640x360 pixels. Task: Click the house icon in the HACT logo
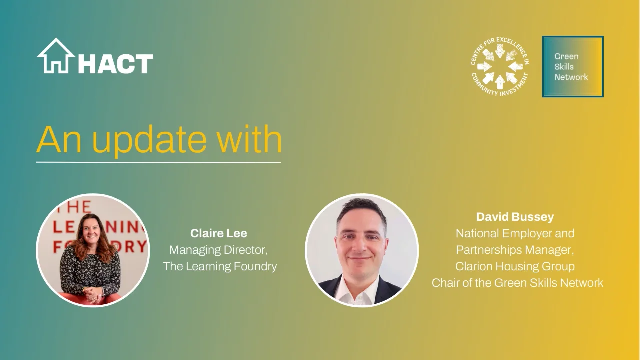click(56, 56)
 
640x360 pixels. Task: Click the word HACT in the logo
click(115, 64)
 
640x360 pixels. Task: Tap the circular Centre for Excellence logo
click(500, 66)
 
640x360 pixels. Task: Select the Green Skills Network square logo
click(573, 66)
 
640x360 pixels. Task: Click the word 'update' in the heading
click(148, 140)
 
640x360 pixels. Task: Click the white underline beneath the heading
click(158, 163)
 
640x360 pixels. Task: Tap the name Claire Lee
click(219, 233)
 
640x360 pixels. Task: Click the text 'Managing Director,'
click(219, 249)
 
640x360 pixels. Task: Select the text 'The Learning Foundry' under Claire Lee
click(220, 266)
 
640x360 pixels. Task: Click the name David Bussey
click(515, 217)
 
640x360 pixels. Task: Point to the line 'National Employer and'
click(515, 233)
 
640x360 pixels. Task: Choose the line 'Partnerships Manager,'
click(515, 250)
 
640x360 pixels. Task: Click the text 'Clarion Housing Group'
click(515, 266)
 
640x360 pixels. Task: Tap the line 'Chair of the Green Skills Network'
click(517, 283)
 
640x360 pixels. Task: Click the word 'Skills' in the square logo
click(564, 67)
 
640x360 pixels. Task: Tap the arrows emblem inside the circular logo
click(500, 66)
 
